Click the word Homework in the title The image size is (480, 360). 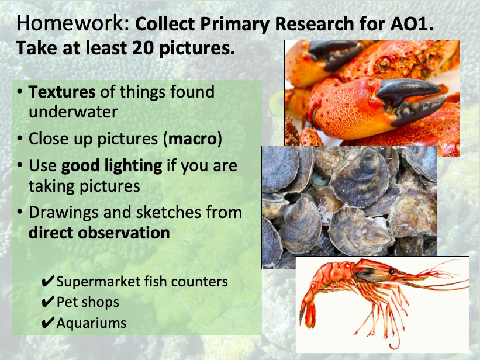point(70,23)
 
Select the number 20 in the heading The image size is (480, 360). point(143,48)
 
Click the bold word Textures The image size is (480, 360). point(62,92)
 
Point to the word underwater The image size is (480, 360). point(73,112)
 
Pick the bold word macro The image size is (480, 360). point(192,139)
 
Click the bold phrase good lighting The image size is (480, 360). point(112,166)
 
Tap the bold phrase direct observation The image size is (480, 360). point(99,233)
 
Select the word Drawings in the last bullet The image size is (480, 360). point(64,213)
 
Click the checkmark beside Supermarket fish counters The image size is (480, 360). point(48,281)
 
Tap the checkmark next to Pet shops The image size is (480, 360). point(48,302)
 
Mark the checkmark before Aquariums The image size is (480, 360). point(48,323)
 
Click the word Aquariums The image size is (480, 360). point(91,323)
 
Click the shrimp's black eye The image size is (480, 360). point(391,272)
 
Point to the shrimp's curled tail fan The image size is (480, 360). point(309,314)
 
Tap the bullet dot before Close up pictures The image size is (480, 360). point(20,139)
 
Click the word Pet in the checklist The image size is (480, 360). point(66,302)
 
